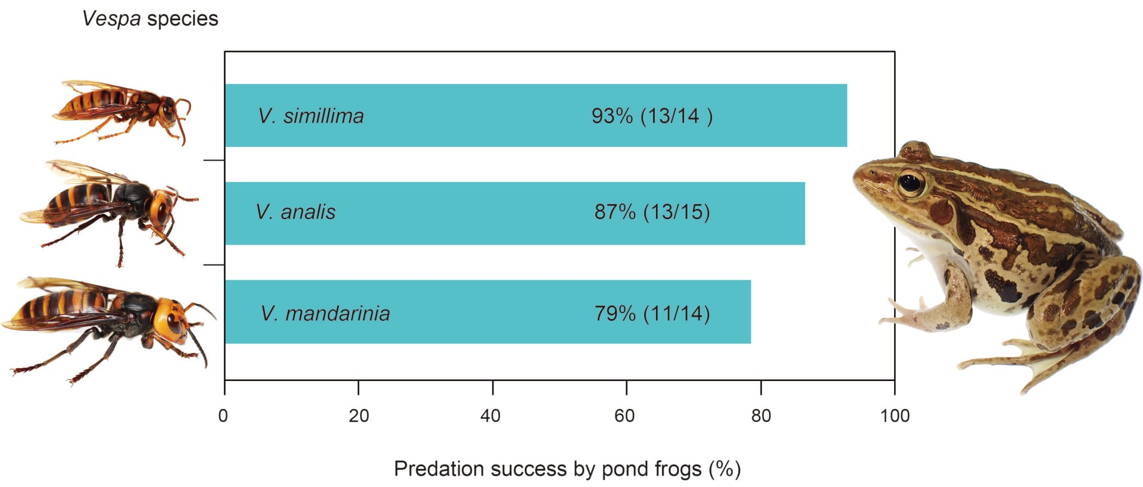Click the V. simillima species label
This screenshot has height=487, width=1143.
[x=311, y=115]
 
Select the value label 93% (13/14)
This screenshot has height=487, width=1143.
[x=651, y=115]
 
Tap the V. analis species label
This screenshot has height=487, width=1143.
[x=295, y=212]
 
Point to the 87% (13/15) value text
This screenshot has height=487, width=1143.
[x=652, y=212]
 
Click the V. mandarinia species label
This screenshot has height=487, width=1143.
[x=325, y=313]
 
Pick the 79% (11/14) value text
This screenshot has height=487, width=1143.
[x=652, y=313]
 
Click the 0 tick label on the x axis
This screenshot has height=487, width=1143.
[x=223, y=416]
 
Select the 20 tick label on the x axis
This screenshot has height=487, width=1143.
[x=358, y=416]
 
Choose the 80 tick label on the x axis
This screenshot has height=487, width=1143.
[x=761, y=416]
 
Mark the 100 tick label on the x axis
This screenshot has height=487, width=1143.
[x=895, y=416]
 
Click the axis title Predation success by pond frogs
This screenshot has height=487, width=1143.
[x=567, y=469]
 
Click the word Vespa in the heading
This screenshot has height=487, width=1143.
[x=111, y=19]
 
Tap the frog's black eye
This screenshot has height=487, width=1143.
[x=910, y=183]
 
